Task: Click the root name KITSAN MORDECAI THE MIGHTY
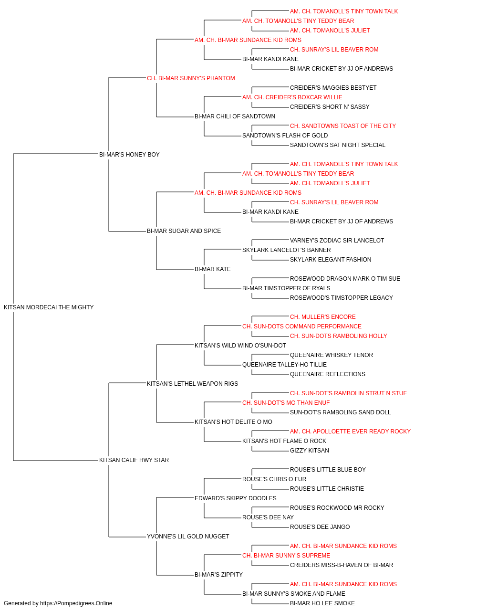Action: coord(49,307)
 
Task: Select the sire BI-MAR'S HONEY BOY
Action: coord(129,154)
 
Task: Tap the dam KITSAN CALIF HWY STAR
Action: coord(134,460)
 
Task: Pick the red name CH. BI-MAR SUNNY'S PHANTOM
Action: coord(191,78)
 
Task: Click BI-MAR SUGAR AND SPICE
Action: coord(184,231)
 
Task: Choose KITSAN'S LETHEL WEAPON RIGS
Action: coord(192,383)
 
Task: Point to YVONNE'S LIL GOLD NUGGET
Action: coord(187,536)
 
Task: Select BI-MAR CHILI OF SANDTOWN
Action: coord(235,116)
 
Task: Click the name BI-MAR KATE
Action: coord(212,269)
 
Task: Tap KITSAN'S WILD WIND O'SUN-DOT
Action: coord(240,345)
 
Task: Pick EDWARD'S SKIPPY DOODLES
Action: coord(235,498)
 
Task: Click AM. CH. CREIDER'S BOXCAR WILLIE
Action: coord(292,97)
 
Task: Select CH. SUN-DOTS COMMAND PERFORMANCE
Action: coord(301,326)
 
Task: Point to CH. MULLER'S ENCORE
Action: coord(322,316)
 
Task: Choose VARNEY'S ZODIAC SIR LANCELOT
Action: coord(337,241)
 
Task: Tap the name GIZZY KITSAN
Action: coord(309,451)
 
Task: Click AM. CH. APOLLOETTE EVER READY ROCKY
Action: coord(350,432)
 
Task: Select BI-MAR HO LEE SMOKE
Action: coord(322,603)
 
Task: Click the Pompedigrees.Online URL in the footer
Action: coord(76,603)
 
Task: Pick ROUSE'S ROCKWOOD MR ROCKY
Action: coord(337,507)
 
